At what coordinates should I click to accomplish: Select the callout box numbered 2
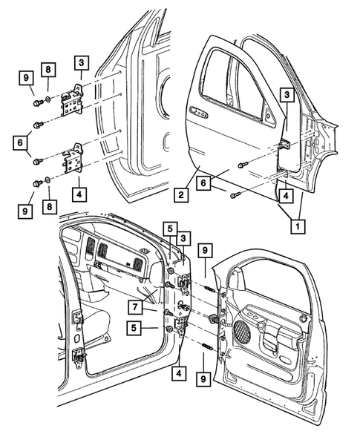pyautogui.click(x=180, y=196)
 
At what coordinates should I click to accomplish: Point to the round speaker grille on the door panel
pyautogui.click(x=243, y=332)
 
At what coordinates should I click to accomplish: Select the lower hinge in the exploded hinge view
pyautogui.click(x=75, y=162)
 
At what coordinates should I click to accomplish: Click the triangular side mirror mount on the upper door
pyautogui.click(x=269, y=113)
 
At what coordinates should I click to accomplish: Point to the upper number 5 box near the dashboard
pyautogui.click(x=170, y=228)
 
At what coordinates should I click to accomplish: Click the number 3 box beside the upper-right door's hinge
pyautogui.click(x=287, y=94)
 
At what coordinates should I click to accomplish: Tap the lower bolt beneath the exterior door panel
pyautogui.click(x=235, y=194)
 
